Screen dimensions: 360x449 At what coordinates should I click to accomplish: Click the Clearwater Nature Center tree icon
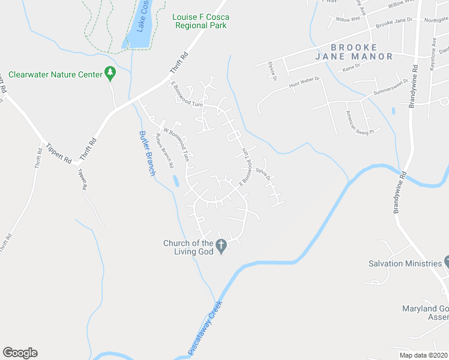(x=110, y=73)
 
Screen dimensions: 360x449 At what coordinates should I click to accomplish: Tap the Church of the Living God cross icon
(x=221, y=244)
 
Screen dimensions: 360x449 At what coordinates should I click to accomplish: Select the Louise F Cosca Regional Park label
(x=200, y=22)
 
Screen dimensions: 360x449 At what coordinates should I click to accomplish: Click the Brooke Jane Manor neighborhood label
(x=353, y=52)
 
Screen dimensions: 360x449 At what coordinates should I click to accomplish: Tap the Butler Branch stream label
(x=148, y=153)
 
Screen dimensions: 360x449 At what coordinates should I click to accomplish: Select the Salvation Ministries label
(x=405, y=263)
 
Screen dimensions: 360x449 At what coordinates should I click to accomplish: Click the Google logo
(x=20, y=353)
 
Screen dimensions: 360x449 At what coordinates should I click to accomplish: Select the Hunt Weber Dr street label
(x=304, y=83)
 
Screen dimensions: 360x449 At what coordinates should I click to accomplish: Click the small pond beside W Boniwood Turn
(x=175, y=181)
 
